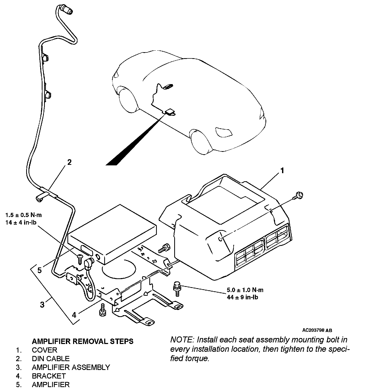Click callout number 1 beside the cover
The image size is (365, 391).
(x=282, y=171)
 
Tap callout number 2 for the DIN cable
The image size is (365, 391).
(x=69, y=163)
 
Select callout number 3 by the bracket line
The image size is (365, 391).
(x=42, y=304)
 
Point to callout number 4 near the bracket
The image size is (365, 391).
(x=74, y=315)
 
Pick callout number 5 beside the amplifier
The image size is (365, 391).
(x=39, y=270)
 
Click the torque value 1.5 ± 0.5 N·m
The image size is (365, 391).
(x=23, y=215)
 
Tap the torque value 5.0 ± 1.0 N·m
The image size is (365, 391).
(x=245, y=290)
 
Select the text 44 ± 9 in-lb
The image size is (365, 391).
(x=242, y=297)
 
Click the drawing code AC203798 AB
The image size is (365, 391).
(x=317, y=331)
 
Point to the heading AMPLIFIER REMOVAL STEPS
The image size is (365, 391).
(x=82, y=341)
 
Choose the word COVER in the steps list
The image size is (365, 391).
(x=44, y=350)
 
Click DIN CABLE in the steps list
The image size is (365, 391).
(x=51, y=359)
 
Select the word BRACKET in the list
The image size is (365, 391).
(x=49, y=376)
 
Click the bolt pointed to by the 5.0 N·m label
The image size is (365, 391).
(x=177, y=288)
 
